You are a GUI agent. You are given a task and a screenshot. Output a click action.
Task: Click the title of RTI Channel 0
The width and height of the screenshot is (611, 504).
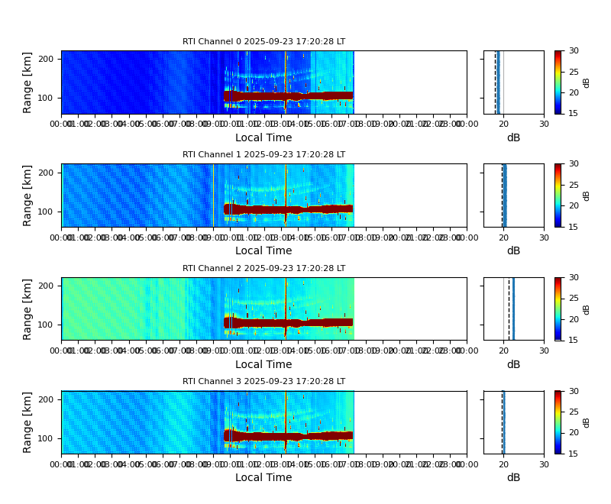[263, 42]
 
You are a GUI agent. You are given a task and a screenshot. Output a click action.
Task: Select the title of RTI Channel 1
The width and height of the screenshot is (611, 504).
[263, 155]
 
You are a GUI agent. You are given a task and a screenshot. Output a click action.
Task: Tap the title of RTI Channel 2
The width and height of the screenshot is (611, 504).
[263, 269]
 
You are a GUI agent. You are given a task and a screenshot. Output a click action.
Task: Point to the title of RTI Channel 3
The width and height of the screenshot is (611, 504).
[263, 382]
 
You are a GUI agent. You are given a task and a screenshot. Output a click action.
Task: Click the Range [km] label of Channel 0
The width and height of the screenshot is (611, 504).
[28, 82]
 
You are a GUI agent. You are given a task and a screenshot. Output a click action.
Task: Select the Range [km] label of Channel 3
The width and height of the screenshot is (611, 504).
[28, 422]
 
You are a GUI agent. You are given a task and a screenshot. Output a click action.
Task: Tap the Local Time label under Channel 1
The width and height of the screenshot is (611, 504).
[263, 251]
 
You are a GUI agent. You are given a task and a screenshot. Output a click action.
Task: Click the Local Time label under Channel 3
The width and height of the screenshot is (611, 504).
[263, 478]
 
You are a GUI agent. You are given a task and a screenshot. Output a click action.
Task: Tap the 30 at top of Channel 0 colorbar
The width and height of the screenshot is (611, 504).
[574, 51]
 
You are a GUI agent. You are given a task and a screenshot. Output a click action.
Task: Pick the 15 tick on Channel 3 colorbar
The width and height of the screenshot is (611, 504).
[574, 454]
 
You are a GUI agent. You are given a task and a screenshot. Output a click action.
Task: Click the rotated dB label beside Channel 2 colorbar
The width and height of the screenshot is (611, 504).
[587, 309]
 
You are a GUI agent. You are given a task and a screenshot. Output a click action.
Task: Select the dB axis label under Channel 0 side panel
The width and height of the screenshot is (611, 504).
[513, 138]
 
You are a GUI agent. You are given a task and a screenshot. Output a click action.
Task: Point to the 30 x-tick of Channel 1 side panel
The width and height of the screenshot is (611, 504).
[544, 237]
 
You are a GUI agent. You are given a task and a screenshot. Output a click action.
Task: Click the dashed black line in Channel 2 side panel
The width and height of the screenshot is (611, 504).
[509, 309]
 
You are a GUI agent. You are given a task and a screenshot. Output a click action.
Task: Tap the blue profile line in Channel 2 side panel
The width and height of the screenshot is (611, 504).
[513, 309]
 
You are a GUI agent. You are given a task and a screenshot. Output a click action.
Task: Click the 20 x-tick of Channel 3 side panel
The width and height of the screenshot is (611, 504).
[504, 464]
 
